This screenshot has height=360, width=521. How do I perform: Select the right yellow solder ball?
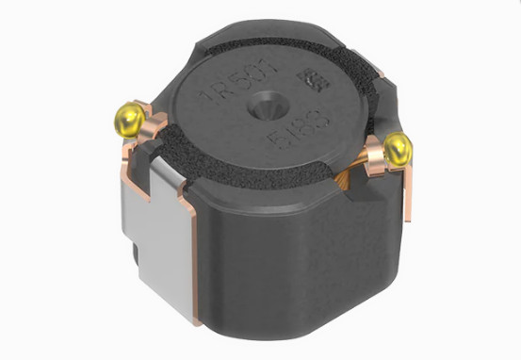(399, 146)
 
